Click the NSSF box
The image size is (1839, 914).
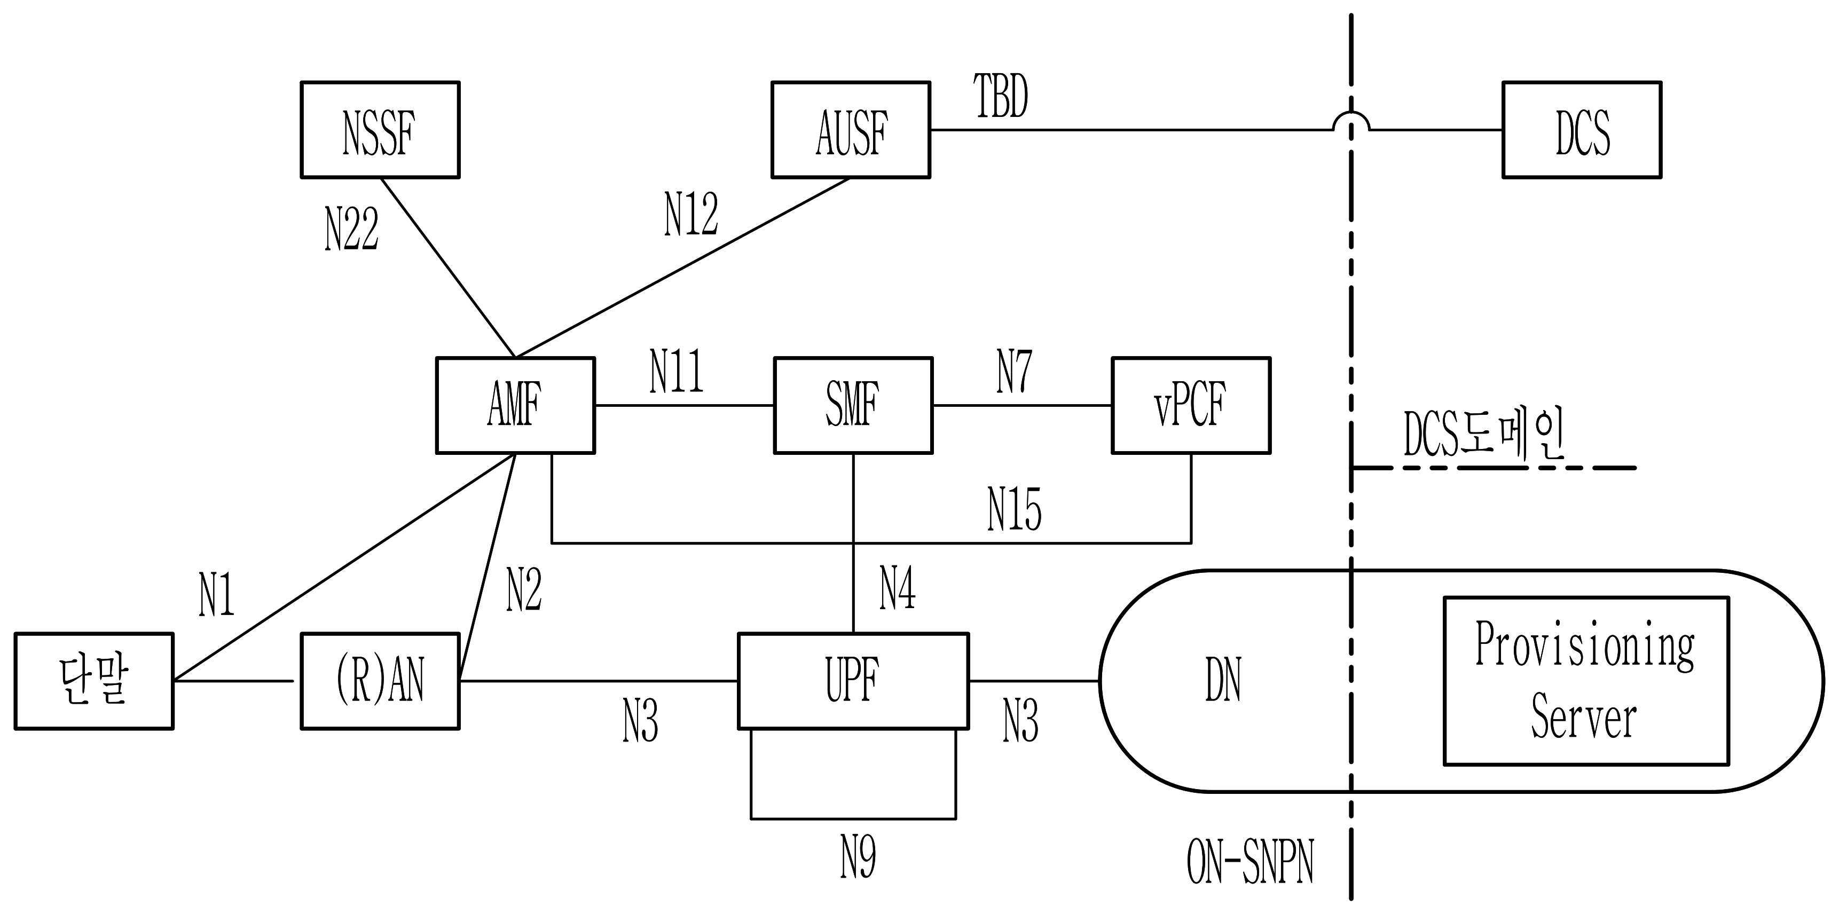tap(380, 130)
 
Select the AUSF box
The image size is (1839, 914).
tap(851, 130)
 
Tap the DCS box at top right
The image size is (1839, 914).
tap(1582, 130)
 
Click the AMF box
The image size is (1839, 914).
tap(515, 405)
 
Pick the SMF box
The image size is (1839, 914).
tap(853, 405)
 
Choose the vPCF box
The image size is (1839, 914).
tap(1191, 405)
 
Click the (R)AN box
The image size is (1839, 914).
tap(380, 681)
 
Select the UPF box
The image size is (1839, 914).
tap(853, 681)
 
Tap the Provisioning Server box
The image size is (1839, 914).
tap(1585, 681)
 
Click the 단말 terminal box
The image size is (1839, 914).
tap(93, 681)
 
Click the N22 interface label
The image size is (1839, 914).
tap(351, 229)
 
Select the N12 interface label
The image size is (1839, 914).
tap(691, 214)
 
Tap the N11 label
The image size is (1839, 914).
tap(676, 371)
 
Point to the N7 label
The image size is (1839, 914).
tap(1013, 371)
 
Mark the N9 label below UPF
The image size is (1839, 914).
tap(858, 857)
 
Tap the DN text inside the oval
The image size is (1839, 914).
tap(1223, 681)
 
